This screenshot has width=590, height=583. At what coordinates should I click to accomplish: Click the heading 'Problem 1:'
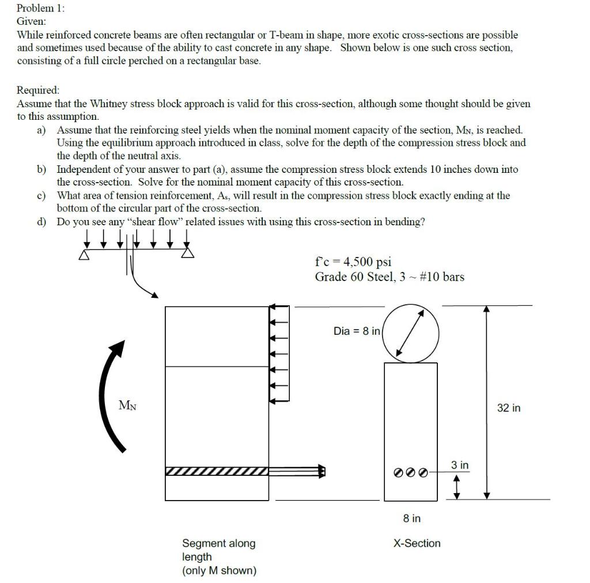click(41, 8)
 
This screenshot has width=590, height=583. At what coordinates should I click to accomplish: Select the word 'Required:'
click(38, 90)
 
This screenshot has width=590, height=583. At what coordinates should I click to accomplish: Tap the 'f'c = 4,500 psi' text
click(353, 262)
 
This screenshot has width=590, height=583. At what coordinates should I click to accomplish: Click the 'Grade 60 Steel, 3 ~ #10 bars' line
click(389, 277)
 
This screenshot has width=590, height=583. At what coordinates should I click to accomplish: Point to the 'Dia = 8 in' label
click(357, 331)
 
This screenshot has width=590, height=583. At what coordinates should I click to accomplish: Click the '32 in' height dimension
click(508, 408)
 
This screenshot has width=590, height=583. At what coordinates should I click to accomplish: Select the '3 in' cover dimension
click(460, 464)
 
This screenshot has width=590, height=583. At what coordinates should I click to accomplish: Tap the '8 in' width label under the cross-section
click(411, 518)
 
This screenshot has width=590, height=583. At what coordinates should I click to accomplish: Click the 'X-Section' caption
click(417, 543)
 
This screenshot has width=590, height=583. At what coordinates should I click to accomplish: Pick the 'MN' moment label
click(128, 405)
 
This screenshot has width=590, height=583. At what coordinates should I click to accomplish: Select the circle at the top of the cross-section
click(411, 334)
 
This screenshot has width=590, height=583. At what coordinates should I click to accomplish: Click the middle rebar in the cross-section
click(411, 472)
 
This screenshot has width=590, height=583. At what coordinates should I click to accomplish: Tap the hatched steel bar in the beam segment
click(217, 472)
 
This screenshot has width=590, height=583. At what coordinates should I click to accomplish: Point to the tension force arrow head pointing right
click(322, 472)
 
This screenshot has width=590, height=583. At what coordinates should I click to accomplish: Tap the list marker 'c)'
click(41, 196)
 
